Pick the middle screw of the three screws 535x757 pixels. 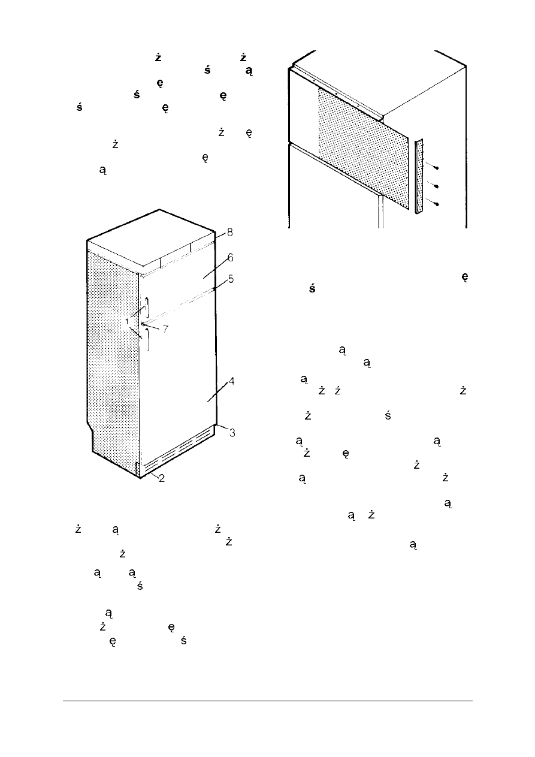[x=436, y=186]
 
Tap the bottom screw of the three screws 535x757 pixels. [x=436, y=204]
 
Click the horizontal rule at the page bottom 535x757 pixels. [x=268, y=701]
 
